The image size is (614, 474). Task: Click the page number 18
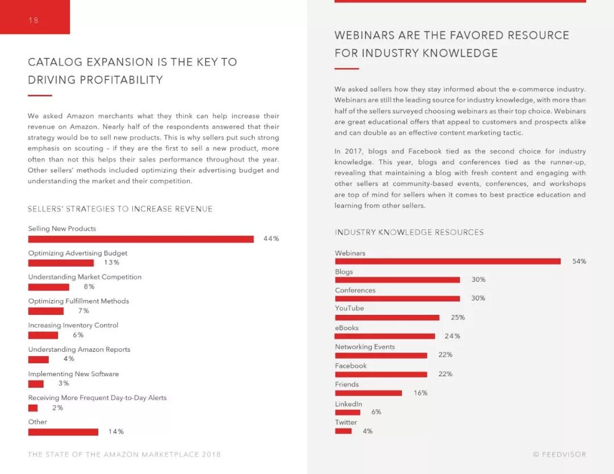pyautogui.click(x=33, y=20)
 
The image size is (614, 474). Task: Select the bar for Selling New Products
pyautogui.click(x=140, y=239)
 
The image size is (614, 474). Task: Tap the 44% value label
pyautogui.click(x=271, y=239)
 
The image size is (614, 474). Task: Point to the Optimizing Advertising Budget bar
pyautogui.click(x=61, y=263)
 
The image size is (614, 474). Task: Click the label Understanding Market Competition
pyautogui.click(x=85, y=277)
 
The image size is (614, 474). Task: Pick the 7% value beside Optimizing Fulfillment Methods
pyautogui.click(x=84, y=311)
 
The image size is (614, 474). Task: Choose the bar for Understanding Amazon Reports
pyautogui.click(x=39, y=359)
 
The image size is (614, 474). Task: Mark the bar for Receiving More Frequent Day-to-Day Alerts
pyautogui.click(x=33, y=408)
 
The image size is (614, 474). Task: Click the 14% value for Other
pyautogui.click(x=116, y=432)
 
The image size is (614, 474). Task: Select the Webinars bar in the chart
pyautogui.click(x=447, y=261)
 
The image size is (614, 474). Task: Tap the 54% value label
pyautogui.click(x=579, y=261)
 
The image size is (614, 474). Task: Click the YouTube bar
pyautogui.click(x=387, y=318)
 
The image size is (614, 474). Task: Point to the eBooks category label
pyautogui.click(x=347, y=328)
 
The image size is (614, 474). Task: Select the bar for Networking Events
pyautogui.click(x=381, y=355)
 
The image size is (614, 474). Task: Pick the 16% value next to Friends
pyautogui.click(x=421, y=393)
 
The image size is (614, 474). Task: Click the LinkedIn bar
pyautogui.click(x=347, y=412)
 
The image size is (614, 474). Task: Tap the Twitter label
pyautogui.click(x=346, y=422)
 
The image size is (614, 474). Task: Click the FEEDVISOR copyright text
pyautogui.click(x=559, y=455)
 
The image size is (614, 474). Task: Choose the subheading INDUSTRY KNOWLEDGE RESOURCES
pyautogui.click(x=409, y=232)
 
